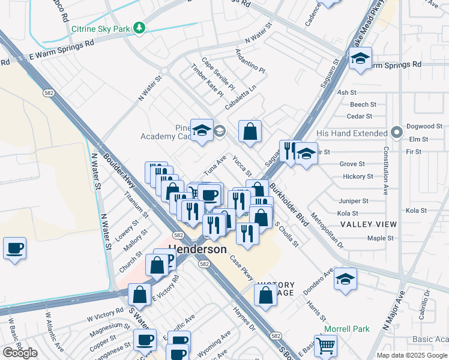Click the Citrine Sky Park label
pos(100,28)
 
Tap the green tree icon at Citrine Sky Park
pos(139,28)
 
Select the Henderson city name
pos(198,249)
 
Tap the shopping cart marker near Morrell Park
pos(325,345)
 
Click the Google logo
pos(20,352)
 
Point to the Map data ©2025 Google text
pos(411,355)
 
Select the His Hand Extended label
pos(352,133)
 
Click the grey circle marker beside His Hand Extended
pos(396,132)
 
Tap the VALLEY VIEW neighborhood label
pos(369,224)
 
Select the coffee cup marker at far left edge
pos(14,247)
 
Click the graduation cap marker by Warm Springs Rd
pos(360,58)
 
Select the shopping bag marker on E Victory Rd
pos(139,295)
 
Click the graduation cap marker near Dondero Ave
pos(345,279)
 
